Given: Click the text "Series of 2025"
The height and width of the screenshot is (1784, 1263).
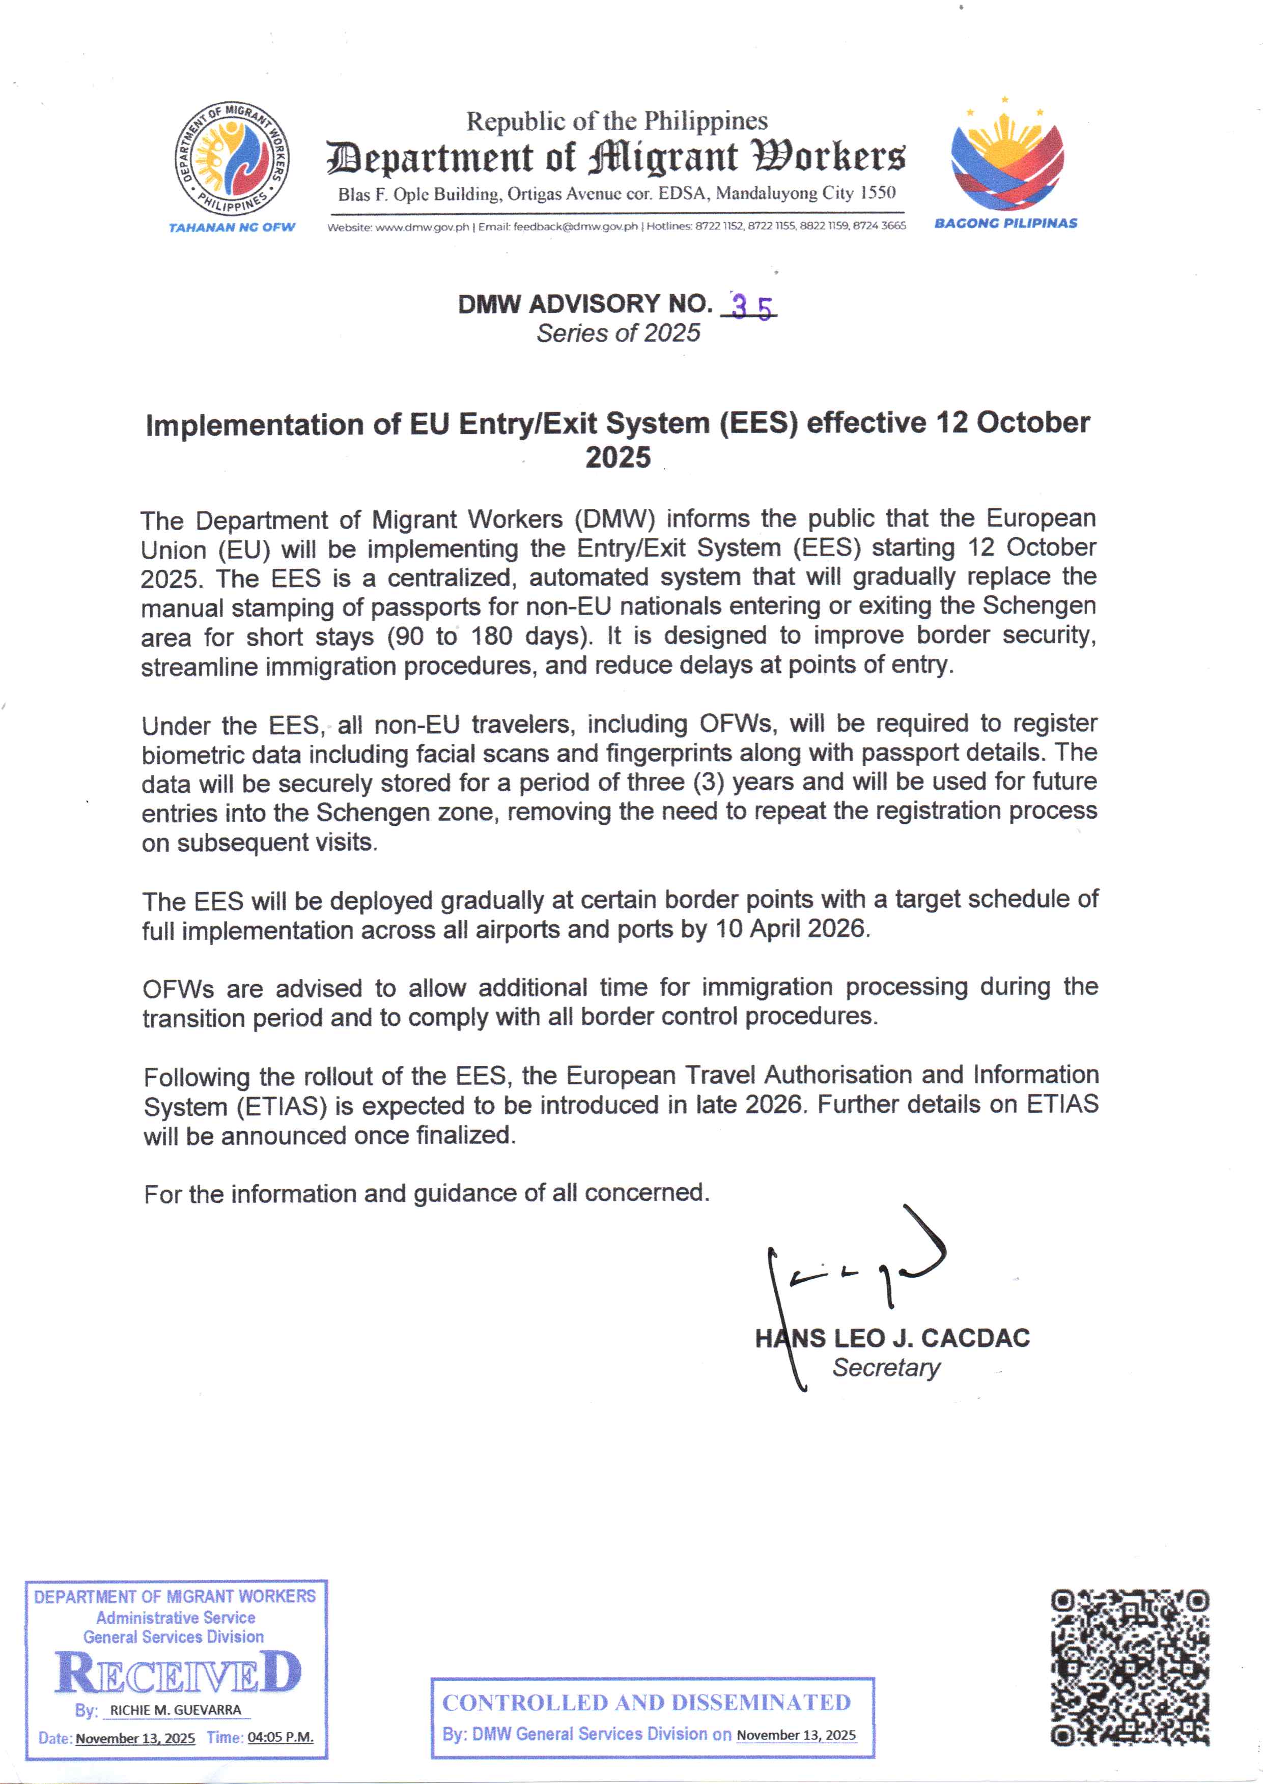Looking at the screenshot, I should coord(619,333).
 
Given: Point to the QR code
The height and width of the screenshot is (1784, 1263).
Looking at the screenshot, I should coord(1130,1666).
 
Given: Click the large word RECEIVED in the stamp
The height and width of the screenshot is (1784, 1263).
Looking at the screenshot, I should coord(177,1674).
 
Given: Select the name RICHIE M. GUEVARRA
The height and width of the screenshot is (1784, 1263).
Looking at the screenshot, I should coord(176,1710).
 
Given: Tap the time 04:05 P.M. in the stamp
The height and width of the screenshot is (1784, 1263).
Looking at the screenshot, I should coord(280,1737).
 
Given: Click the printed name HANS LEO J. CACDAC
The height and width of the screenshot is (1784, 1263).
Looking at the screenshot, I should coord(892,1338).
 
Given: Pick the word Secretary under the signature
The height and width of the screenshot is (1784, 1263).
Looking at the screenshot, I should coord(886,1367).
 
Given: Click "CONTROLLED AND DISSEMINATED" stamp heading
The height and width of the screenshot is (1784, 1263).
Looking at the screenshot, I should coord(647,1703).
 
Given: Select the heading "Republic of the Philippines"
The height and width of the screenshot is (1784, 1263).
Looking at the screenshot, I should coord(616,121).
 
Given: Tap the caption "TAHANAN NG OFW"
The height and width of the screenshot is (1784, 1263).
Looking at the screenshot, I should coord(232,227).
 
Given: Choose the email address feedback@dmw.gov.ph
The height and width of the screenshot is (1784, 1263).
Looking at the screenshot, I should coord(576,227).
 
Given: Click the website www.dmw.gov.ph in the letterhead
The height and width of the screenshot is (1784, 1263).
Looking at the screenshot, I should coord(423,227).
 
